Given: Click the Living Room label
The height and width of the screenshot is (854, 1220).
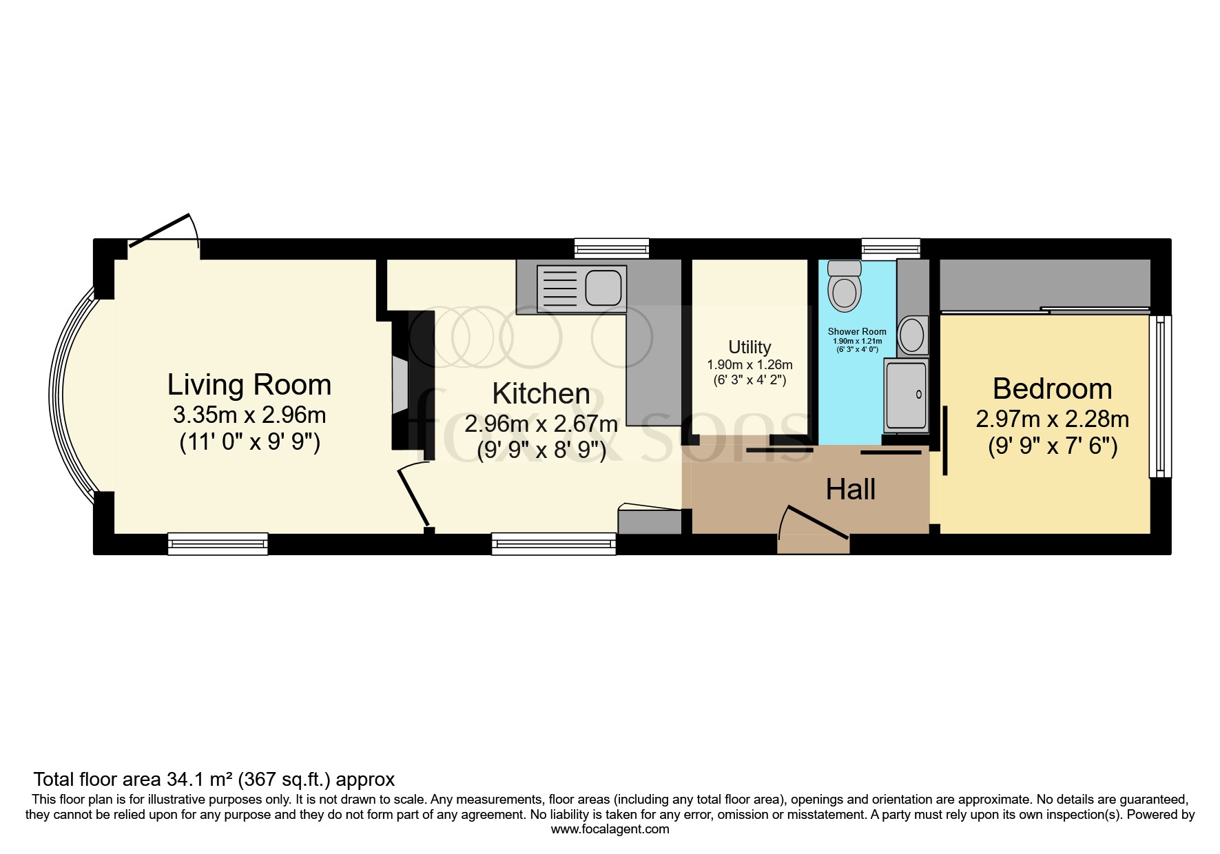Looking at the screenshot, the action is coord(249,385).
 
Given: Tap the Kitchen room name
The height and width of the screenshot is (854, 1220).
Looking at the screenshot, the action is coord(541,394).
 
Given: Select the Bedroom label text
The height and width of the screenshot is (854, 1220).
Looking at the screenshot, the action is coord(1052,389).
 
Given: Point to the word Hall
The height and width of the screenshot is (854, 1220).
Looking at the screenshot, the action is coord(851,490).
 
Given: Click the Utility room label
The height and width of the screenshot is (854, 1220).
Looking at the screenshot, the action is coord(749,347).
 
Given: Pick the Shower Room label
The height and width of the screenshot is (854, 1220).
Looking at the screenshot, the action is coord(857,331).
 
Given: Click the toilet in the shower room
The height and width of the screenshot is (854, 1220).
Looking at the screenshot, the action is coord(845,286).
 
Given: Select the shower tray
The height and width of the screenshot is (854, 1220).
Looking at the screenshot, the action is coord(906,395).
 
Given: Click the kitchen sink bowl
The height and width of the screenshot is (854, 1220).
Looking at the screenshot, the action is coord(603,287).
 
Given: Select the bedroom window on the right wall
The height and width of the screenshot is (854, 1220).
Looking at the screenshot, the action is coord(1160,396).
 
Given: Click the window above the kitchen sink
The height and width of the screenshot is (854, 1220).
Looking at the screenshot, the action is coord(612,248).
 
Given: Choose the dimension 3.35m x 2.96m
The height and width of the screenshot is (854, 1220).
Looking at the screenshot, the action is coord(249,415).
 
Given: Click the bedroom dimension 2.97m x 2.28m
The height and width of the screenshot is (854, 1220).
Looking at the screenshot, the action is coord(1052,419).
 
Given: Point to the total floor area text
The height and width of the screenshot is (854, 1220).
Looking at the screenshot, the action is coord(214,780).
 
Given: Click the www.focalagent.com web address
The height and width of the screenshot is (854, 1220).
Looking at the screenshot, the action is coord(610,829).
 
